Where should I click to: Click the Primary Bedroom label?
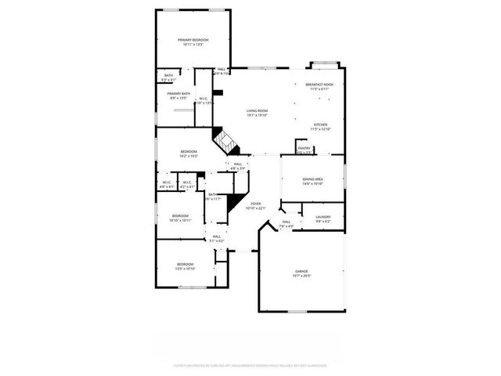[x=193, y=40]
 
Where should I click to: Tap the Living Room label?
[x=258, y=111]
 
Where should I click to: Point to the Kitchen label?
[x=321, y=125]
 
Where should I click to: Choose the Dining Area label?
[x=313, y=179]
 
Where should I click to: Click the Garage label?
[x=301, y=271]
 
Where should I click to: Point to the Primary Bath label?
[x=178, y=94]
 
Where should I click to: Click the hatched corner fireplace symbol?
[x=227, y=143]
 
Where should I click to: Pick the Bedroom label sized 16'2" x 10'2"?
[x=189, y=151]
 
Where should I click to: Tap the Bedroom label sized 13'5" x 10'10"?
[x=185, y=264]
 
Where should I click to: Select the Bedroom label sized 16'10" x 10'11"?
[x=180, y=215]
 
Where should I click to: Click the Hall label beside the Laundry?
[x=287, y=222]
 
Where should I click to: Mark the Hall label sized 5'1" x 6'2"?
[x=215, y=236]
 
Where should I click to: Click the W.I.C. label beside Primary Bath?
[x=203, y=99]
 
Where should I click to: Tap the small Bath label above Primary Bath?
[x=168, y=75]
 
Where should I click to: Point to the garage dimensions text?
[x=301, y=276]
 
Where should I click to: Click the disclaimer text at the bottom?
[x=250, y=365]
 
